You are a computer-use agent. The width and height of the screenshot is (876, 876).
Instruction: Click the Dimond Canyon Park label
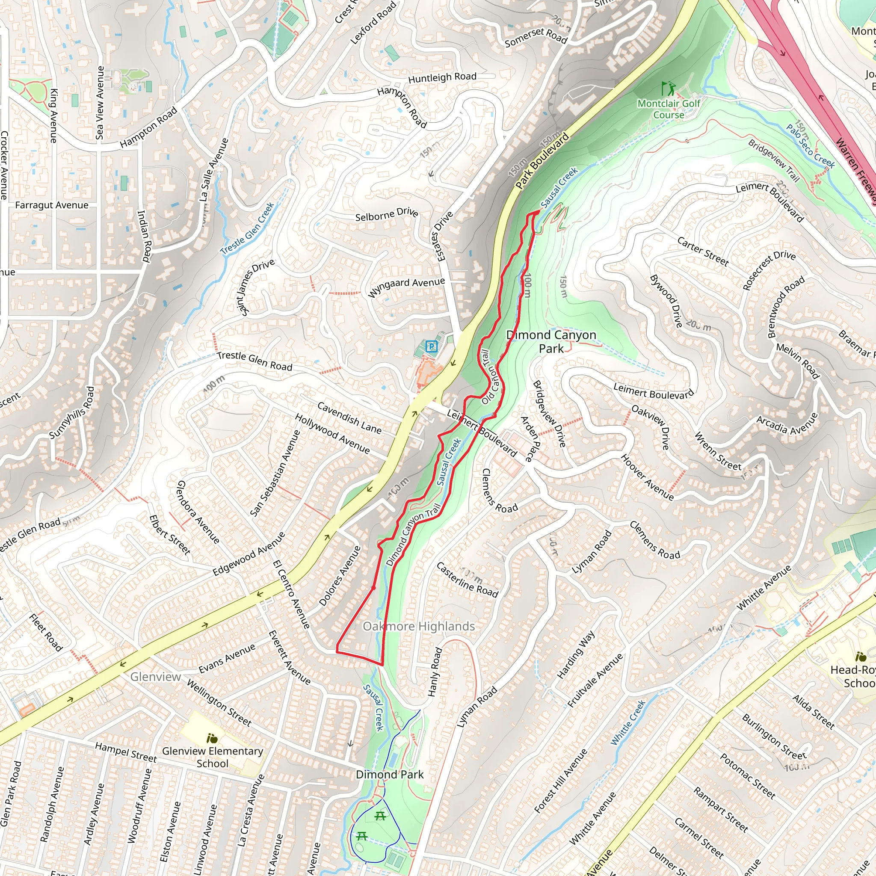[x=551, y=341]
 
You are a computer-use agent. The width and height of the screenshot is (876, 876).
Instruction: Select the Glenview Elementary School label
[x=212, y=757]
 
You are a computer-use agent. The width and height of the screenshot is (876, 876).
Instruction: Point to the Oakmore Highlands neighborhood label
[x=418, y=626]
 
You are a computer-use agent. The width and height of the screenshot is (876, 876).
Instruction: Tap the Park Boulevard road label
[x=542, y=161]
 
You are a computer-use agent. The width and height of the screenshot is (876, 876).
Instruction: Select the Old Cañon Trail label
[x=491, y=376]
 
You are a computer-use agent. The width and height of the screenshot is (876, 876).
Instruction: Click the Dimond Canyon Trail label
[x=413, y=535]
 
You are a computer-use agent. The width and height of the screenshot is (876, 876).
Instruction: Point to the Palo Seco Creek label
[x=810, y=146]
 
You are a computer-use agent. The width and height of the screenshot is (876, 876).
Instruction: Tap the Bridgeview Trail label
[x=773, y=160]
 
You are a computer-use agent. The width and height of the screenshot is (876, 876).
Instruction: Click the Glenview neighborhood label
[x=156, y=677]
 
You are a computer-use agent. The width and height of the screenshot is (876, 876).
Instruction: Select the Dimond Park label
[x=390, y=775]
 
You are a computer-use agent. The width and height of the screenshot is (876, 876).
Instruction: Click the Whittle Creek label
[x=627, y=723]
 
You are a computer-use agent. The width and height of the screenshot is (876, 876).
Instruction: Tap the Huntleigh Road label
[x=442, y=77]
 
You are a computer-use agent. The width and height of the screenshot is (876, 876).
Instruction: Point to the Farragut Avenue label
[x=52, y=205]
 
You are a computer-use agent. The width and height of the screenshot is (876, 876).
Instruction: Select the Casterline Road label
[x=467, y=580]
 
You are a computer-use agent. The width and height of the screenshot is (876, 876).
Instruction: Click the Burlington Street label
[x=774, y=737]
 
